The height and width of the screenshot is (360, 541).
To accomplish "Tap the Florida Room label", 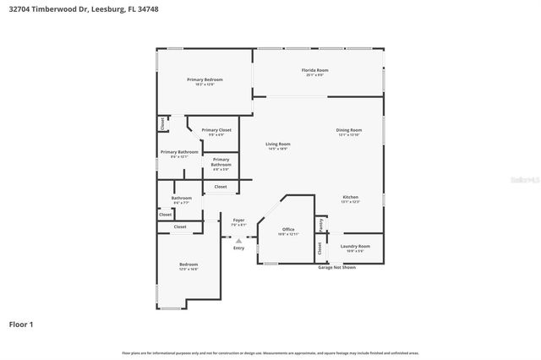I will tap(315, 72).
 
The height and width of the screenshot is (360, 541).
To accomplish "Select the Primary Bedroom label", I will tap(205, 81).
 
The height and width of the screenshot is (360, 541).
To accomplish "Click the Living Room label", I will tap(278, 145).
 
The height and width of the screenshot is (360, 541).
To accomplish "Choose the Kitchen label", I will tap(350, 199).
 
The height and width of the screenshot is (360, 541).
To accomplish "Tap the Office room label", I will tap(288, 231).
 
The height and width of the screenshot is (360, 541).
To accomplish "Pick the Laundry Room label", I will tap(355, 248).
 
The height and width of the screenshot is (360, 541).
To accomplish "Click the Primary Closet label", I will tap(216, 131).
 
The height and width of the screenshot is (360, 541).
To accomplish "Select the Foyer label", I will tap(238, 221).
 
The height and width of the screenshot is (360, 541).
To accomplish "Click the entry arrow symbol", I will tap(238, 240).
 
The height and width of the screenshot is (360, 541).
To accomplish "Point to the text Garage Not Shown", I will tap(336, 267).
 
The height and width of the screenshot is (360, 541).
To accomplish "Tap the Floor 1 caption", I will tap(23, 324).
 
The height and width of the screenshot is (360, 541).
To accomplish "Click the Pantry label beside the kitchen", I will tap(321, 225).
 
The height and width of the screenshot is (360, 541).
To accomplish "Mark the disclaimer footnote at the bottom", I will tap(270, 352).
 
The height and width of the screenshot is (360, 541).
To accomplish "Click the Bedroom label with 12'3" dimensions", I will tap(188, 266).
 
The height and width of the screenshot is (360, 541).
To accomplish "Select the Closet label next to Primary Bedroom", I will tap(161, 123).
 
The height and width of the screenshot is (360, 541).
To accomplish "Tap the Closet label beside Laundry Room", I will tap(320, 248).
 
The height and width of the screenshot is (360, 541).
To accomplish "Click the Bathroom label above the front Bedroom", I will tap(182, 199).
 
